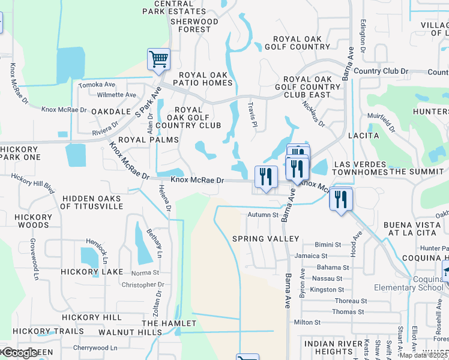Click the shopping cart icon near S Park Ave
pos(158,59)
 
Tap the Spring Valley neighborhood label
pos(265,239)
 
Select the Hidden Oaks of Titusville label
pos(92,202)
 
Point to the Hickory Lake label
pos(92,272)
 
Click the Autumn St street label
pos(264,214)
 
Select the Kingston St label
pos(327,290)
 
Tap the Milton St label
pos(308,322)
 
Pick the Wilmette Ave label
pos(116,95)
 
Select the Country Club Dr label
pos(381,71)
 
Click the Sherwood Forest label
pos(194,25)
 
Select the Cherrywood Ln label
pos(95,348)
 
